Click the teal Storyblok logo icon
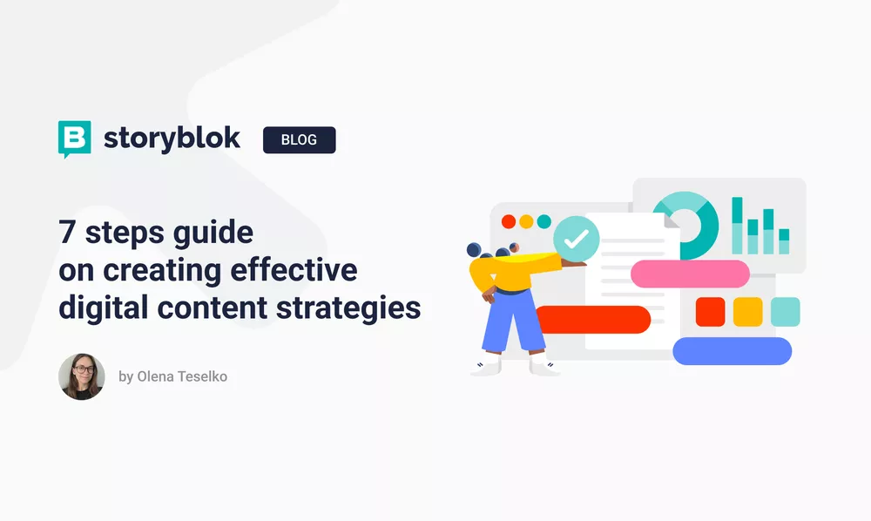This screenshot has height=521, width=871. pyautogui.click(x=74, y=139)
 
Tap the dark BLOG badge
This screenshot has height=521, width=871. pyautogui.click(x=299, y=139)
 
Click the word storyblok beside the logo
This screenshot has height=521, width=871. pyautogui.click(x=172, y=139)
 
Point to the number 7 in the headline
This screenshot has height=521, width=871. pyautogui.click(x=66, y=233)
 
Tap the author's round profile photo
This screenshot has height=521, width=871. pyautogui.click(x=82, y=377)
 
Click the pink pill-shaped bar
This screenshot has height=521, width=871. pyautogui.click(x=690, y=274)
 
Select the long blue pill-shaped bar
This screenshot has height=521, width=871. pyautogui.click(x=732, y=351)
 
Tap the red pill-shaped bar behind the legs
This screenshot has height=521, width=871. pyautogui.click(x=601, y=320)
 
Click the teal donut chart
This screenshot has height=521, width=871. pyautogui.click(x=686, y=225)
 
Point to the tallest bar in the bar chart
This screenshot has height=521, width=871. pyautogui.click(x=737, y=225)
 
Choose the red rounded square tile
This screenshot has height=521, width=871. pyautogui.click(x=710, y=311)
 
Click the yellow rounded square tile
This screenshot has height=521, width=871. pyautogui.click(x=747, y=311)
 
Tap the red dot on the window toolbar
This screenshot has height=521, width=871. pyautogui.click(x=509, y=221)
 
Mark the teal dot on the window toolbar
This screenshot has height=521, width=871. pyautogui.click(x=544, y=221)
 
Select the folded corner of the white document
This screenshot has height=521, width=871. pyautogui.click(x=672, y=221)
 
